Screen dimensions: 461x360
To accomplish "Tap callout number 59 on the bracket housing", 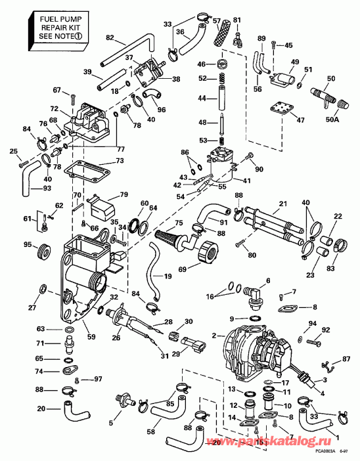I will pos(91,337).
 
